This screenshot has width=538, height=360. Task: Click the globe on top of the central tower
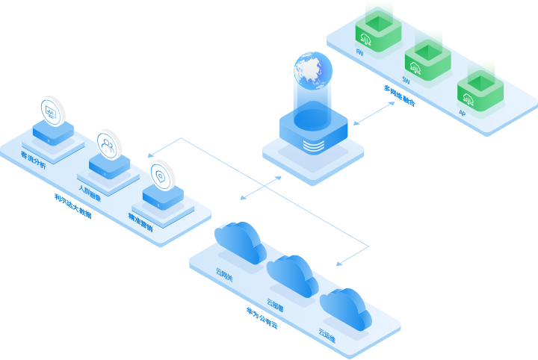pyautogui.click(x=312, y=69)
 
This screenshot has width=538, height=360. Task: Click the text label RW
pyautogui.click(x=359, y=53)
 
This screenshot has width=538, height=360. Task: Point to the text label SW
pyautogui.click(x=406, y=78)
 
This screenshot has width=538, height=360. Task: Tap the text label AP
pyautogui.click(x=462, y=114)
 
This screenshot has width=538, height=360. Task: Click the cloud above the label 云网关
pyautogui.click(x=239, y=241)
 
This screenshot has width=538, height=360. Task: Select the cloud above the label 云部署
pyautogui.click(x=292, y=274)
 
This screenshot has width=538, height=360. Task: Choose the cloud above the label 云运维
pyautogui.click(x=345, y=307)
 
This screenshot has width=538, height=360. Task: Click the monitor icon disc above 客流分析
pyautogui.click(x=52, y=111)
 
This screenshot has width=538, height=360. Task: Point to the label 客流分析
pyautogui.click(x=33, y=160)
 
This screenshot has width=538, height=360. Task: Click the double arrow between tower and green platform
pyautogui.click(x=374, y=114)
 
